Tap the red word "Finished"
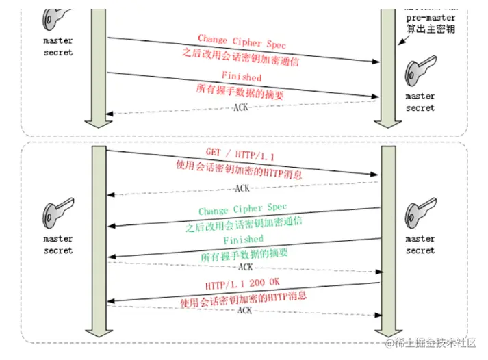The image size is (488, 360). tap(241, 77)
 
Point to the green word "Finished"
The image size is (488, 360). tap(243, 240)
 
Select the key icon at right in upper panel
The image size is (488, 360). tap(420, 74)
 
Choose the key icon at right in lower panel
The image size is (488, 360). tap(420, 211)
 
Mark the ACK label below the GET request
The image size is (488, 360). tap(242, 188)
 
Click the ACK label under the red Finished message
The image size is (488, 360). tap(241, 107)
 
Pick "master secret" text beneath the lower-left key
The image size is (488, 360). tap(57, 244)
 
